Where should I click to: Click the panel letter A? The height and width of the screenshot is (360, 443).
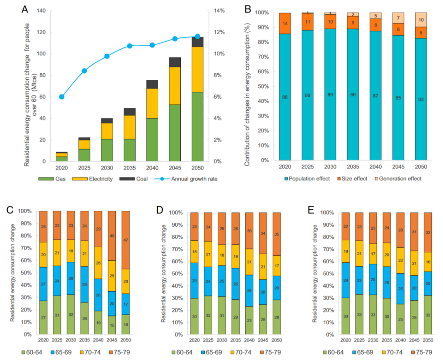(x=25, y=9)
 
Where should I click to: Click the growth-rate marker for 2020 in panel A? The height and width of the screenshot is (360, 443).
(x=62, y=97)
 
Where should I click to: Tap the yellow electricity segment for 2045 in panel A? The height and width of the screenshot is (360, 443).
(x=175, y=86)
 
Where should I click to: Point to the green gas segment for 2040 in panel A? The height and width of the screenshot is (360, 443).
(x=152, y=140)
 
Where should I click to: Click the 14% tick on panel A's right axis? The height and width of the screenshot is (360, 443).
(x=219, y=11)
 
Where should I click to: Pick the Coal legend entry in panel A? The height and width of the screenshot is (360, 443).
(x=134, y=179)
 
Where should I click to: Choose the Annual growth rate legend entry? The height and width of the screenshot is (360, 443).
(x=186, y=179)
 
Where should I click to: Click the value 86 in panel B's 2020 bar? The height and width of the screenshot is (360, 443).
(x=285, y=97)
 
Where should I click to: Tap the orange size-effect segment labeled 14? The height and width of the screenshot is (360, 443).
(x=285, y=23)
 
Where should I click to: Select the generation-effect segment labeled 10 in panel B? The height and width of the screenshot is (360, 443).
(x=421, y=20)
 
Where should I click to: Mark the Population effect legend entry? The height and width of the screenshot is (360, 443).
(x=307, y=179)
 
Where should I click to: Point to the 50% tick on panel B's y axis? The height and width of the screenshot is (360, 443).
(x=263, y=86)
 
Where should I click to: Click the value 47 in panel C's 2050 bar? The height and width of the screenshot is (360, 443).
(x=126, y=240)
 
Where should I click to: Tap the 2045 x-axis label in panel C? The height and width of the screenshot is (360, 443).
(x=112, y=340)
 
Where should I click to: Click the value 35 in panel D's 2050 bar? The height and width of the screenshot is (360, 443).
(x=277, y=234)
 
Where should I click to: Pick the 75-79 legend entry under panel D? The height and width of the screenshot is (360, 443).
(x=270, y=352)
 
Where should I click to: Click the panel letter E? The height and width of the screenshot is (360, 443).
(x=311, y=210)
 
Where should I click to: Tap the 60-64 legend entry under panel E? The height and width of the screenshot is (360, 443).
(x=333, y=352)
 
